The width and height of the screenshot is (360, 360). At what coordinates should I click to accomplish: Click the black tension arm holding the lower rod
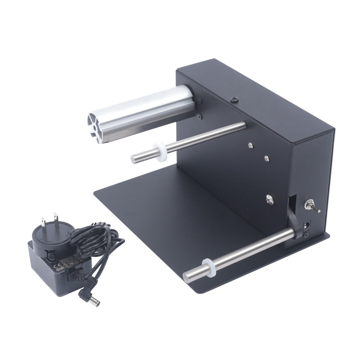tap(294, 221)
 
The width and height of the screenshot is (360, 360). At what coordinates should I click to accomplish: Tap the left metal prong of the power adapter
tap(43, 223)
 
